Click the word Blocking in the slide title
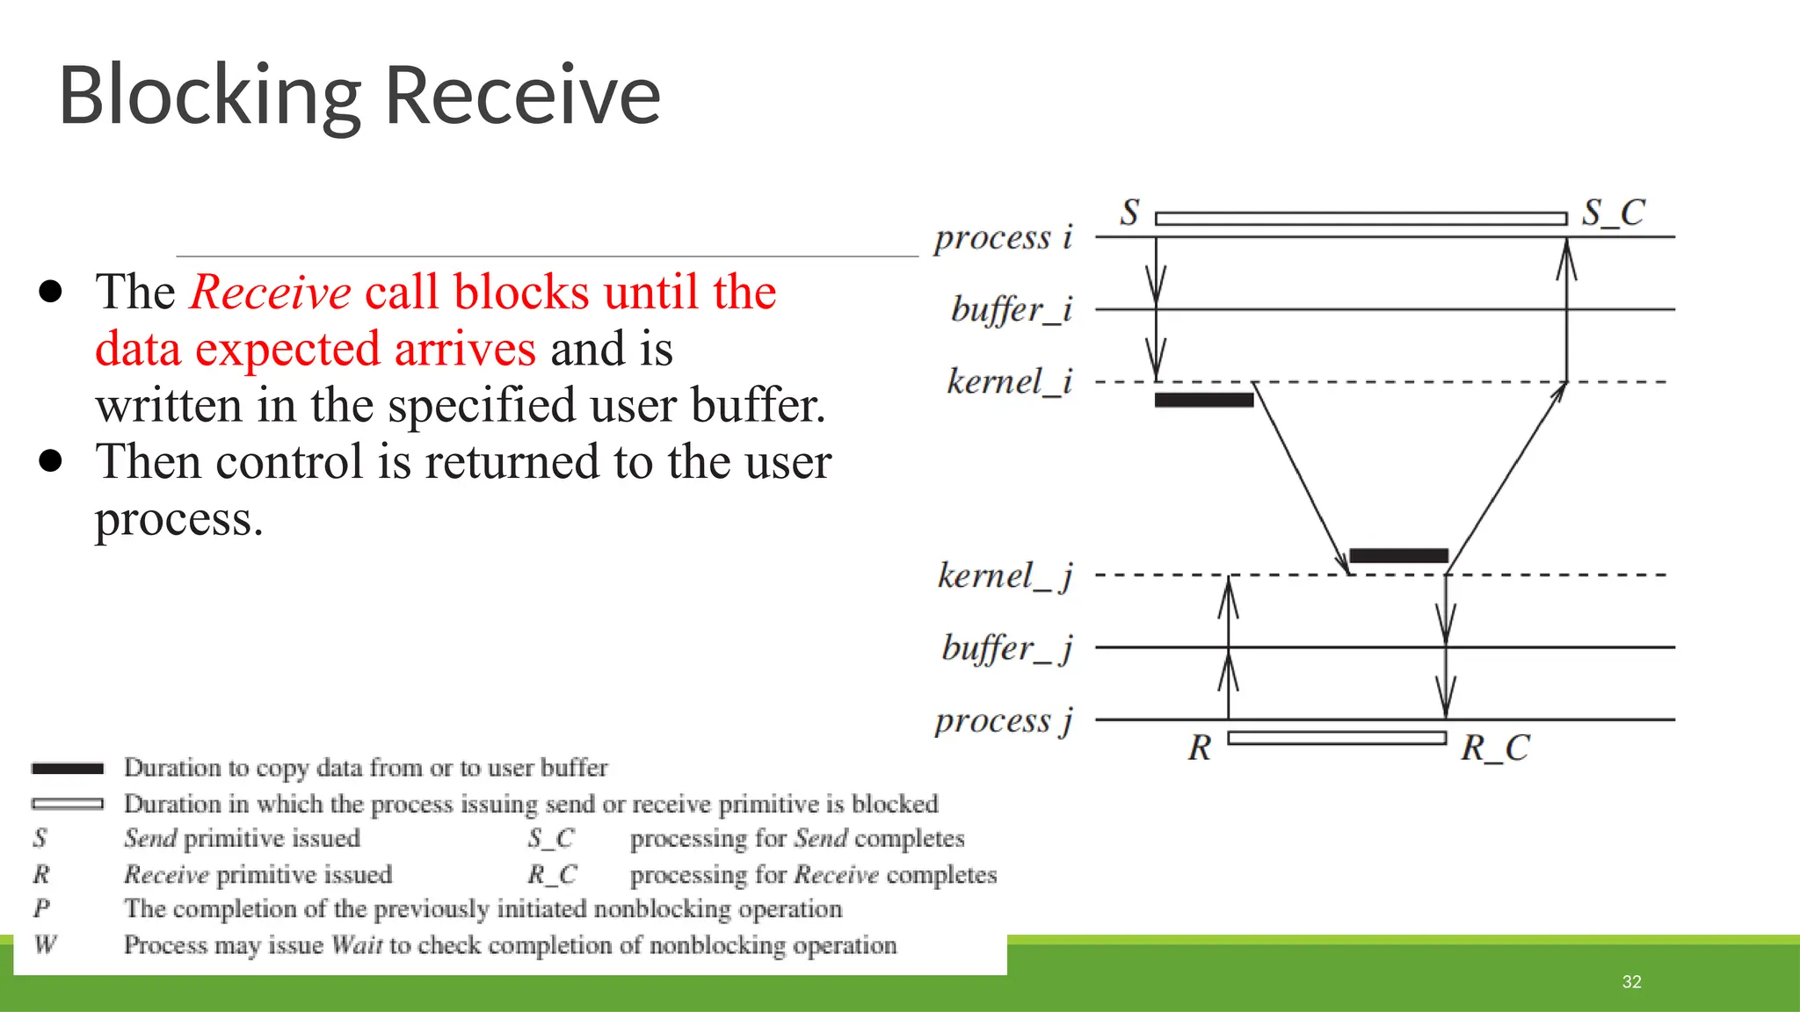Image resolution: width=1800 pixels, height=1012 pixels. (209, 97)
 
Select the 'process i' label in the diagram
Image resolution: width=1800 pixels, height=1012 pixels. (1003, 237)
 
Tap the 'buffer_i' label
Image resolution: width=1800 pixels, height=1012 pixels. (1012, 309)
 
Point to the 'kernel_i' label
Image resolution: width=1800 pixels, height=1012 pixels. (1009, 382)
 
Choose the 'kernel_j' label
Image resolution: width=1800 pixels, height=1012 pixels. (1005, 576)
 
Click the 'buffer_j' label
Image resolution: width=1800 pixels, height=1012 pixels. (1007, 648)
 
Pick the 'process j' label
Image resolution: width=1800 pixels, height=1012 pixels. (1003, 720)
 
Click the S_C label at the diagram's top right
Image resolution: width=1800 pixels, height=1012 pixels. (1613, 213)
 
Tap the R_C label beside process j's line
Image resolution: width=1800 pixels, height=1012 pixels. (1495, 748)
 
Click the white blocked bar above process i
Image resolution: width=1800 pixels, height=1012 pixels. (1361, 219)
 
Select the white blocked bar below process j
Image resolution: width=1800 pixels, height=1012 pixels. (1336, 738)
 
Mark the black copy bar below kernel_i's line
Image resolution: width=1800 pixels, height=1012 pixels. (1203, 401)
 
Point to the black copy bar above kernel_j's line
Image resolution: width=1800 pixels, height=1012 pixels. (1398, 555)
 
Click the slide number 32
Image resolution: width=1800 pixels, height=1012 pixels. (1631, 982)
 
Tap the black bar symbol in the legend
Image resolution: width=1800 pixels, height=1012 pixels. (68, 769)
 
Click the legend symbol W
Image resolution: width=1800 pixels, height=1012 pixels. (45, 945)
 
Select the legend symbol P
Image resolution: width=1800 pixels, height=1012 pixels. (41, 908)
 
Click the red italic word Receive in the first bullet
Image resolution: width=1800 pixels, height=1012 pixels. (271, 293)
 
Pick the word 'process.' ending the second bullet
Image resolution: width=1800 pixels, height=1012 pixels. (178, 519)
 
